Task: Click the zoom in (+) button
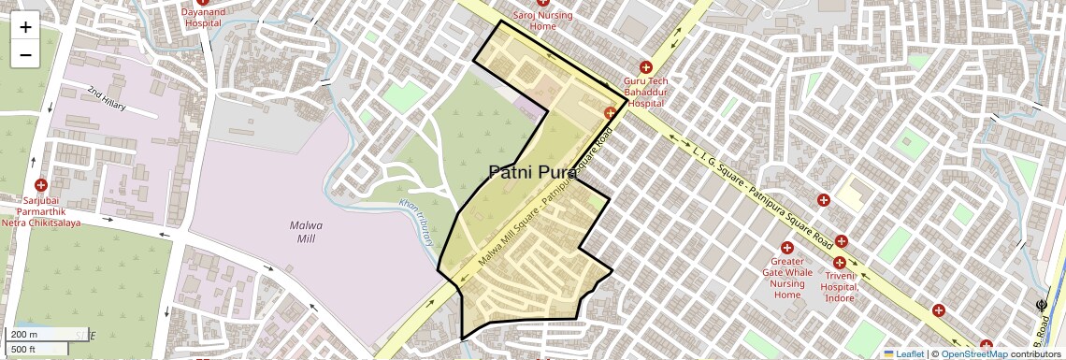(x=25, y=26)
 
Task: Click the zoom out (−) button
(x=25, y=54)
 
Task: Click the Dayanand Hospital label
(x=202, y=17)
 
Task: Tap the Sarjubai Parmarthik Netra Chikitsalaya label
(x=40, y=211)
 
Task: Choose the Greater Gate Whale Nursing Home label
(x=786, y=278)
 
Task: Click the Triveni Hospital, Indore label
(x=840, y=281)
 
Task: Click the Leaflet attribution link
(x=903, y=353)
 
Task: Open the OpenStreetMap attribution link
(x=973, y=353)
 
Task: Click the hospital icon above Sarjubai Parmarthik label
(x=40, y=185)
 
